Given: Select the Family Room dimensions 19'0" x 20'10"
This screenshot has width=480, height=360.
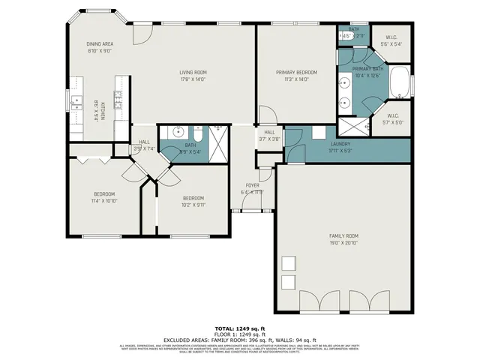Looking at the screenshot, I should (345, 242).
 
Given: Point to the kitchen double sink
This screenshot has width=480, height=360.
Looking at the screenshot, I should (76, 103).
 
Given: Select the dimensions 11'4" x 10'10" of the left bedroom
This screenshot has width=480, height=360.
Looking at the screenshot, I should (103, 201).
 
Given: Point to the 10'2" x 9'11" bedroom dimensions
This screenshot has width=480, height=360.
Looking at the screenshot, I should (193, 204).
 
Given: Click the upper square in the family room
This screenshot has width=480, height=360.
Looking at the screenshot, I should (288, 263).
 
